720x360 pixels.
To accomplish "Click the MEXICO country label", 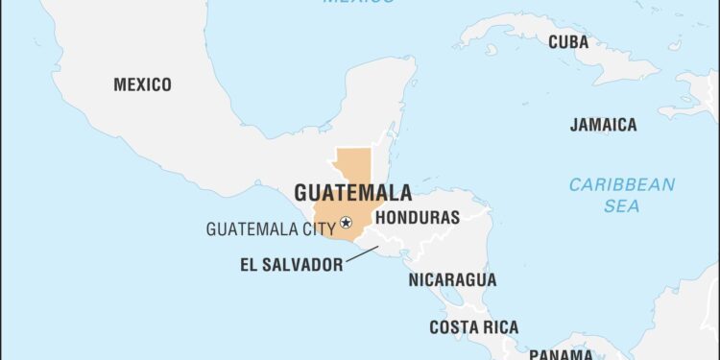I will click(x=142, y=84).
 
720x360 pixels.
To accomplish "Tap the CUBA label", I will click(x=568, y=41).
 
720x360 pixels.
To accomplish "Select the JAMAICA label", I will click(x=603, y=125).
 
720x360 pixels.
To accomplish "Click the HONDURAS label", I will click(x=417, y=218).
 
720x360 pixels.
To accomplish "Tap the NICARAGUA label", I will click(x=452, y=280).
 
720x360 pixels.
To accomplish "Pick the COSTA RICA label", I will click(x=474, y=327).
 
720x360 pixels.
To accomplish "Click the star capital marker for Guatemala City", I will click(x=347, y=224).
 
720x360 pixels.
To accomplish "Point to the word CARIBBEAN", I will click(x=622, y=184).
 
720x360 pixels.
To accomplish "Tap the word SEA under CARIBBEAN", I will click(x=622, y=205).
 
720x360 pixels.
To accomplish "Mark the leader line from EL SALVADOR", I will click(x=364, y=255).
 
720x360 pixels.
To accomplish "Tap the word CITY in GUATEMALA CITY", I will click(x=319, y=228).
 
